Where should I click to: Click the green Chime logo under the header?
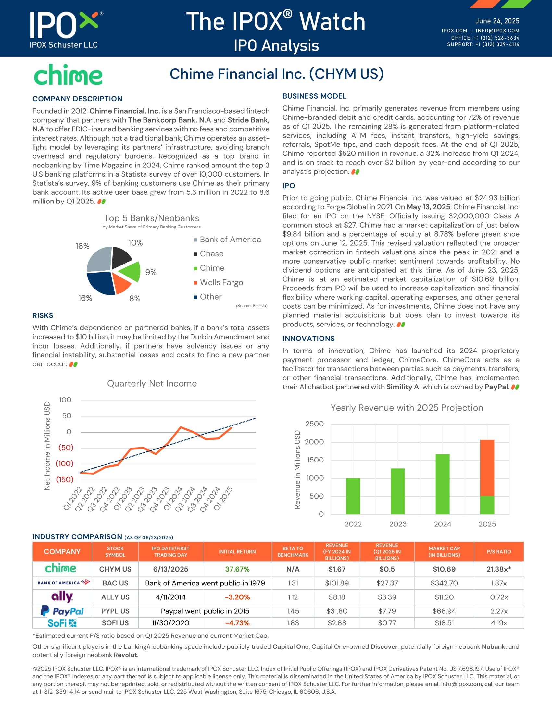68,75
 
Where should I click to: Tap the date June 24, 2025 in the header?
497,21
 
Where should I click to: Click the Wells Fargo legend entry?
221,282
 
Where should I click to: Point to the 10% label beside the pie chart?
135,243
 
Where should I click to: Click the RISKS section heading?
43,315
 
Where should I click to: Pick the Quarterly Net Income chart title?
152,384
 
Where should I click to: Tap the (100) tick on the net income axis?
65,463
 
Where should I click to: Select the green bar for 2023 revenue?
398,491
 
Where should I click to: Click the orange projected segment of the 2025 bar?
487,467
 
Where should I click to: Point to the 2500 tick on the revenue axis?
314,424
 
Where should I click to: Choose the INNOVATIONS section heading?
308,339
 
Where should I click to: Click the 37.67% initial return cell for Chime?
237,569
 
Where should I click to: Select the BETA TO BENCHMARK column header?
293,551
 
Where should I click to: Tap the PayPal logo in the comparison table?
62,611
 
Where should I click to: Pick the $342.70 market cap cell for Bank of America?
444,583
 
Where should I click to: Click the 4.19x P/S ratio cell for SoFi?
499,623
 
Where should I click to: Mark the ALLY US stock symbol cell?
115,597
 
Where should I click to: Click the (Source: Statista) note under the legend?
251,306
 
